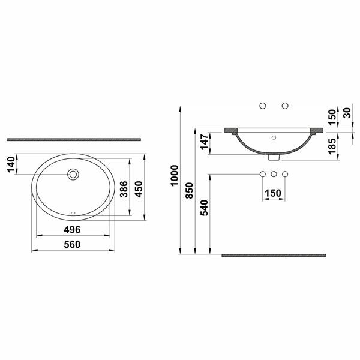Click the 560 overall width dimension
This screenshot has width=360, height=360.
(73, 244)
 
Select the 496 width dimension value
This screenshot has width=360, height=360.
(73, 230)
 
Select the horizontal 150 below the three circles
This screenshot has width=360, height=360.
(274, 193)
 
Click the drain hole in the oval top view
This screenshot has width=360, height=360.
(73, 175)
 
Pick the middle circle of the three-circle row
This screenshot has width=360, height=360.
(274, 175)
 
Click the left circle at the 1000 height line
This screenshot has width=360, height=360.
(262, 106)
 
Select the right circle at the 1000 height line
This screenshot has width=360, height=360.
(286, 106)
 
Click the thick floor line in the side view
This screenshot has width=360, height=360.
(274, 255)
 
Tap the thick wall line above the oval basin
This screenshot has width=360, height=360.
(73, 139)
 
